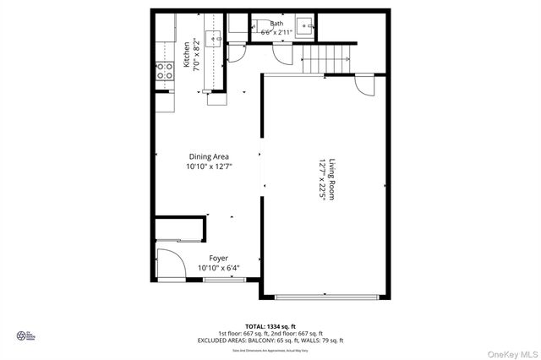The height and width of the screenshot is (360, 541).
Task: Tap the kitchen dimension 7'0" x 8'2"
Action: tap(198, 54)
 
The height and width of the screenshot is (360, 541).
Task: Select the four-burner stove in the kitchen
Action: tap(163, 69)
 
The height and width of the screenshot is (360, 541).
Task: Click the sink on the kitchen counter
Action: tap(215, 36)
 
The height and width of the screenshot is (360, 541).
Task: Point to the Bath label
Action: tap(276, 25)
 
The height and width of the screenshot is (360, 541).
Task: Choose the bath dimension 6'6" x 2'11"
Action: tap(276, 33)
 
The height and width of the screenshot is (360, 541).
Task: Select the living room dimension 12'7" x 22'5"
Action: tap(322, 180)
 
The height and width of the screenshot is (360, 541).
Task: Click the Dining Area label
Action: tap(208, 156)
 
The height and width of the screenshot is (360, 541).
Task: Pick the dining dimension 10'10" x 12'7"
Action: tap(208, 166)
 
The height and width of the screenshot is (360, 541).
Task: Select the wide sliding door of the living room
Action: tap(326, 297)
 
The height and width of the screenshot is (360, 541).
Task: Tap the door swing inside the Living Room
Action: tap(364, 85)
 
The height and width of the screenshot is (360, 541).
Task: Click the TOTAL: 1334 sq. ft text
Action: tap(270, 325)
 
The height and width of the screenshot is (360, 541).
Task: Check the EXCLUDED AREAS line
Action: tap(270, 341)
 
